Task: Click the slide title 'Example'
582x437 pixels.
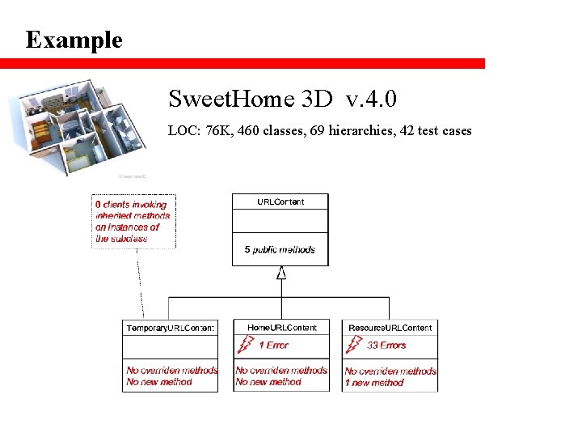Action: pyautogui.click(x=74, y=40)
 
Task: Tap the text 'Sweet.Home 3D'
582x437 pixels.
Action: pyautogui.click(x=251, y=100)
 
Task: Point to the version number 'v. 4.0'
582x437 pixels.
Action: pyautogui.click(x=371, y=100)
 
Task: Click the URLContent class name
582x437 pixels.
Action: pyautogui.click(x=280, y=202)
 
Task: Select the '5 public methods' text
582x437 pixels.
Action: pyautogui.click(x=280, y=250)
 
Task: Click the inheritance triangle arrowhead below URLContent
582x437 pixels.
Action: pyautogui.click(x=281, y=273)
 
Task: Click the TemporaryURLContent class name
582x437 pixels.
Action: pyautogui.click(x=170, y=328)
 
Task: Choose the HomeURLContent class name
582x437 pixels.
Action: pyautogui.click(x=282, y=328)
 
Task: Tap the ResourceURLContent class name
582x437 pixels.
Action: pyautogui.click(x=390, y=328)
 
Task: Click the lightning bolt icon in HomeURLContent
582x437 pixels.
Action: pyautogui.click(x=243, y=346)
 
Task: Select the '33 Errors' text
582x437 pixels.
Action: pyautogui.click(x=386, y=346)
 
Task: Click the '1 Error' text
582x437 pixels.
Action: pyautogui.click(x=273, y=346)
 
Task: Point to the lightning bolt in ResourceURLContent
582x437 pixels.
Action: pyautogui.click(x=352, y=346)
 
